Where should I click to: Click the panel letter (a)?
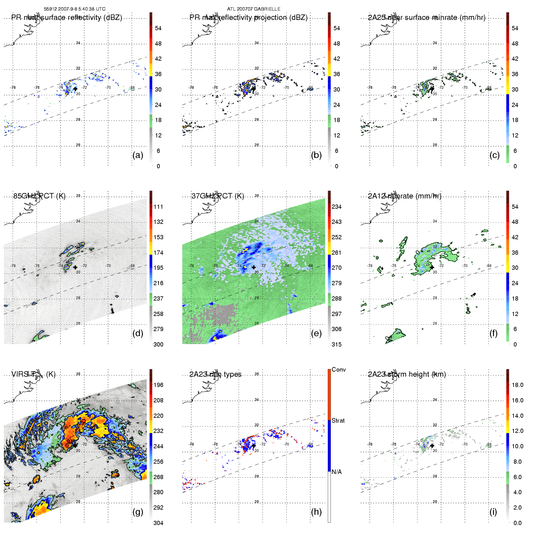pos(138,155)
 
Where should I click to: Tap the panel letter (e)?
pos(316,334)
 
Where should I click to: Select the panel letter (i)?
pos(493,512)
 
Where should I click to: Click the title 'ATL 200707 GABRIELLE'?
pos(254,9)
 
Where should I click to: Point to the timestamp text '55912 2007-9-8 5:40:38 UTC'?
pos(75,9)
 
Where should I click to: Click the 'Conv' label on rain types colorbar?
pos(339,370)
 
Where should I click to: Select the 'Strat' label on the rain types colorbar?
pos(338,421)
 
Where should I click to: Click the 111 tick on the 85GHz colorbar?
pos(158,207)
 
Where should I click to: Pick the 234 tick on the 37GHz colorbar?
pos(337,207)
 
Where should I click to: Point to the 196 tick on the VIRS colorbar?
pos(158,385)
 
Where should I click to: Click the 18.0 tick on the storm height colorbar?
pos(517,385)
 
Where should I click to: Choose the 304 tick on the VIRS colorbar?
pos(158,523)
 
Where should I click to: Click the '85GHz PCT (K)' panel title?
pos(39,196)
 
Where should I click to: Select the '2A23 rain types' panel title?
pos(215,374)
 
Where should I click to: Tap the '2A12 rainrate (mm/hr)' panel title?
pos(404,196)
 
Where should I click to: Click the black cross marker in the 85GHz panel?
pos(75,267)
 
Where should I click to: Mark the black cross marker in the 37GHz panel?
pos(254,267)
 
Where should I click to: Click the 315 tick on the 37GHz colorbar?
pos(337,345)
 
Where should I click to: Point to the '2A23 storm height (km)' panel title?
pos(407,374)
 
